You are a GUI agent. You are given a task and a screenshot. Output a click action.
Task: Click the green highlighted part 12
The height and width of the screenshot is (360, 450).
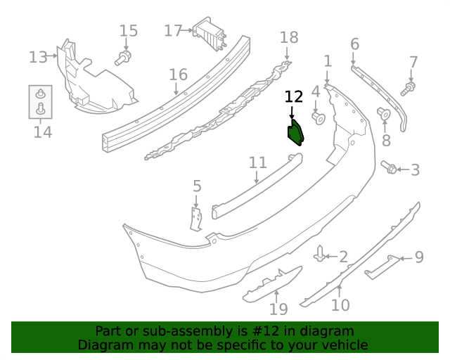(294, 132)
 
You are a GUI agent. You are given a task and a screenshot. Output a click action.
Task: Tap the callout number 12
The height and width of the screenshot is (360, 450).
(294, 97)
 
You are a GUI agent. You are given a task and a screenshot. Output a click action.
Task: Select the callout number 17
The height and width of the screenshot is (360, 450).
(172, 31)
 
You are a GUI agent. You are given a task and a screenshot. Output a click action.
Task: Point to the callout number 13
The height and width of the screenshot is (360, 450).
(37, 56)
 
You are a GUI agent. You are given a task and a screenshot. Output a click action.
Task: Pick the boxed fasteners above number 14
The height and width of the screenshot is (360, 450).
(40, 101)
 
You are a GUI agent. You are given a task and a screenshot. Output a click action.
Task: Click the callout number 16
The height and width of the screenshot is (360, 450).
(178, 74)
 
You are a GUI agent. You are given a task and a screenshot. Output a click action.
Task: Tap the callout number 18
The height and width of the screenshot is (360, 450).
(289, 37)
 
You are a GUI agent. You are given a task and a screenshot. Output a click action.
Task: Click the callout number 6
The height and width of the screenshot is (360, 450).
(354, 45)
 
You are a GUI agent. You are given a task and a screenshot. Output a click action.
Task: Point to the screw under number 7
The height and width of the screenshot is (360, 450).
(409, 88)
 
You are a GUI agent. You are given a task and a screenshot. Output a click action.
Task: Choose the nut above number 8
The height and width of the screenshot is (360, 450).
(385, 114)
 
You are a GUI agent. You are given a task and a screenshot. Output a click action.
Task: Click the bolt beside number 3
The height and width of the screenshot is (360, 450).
(389, 167)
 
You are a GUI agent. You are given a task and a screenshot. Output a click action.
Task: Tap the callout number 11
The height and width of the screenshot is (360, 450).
(258, 163)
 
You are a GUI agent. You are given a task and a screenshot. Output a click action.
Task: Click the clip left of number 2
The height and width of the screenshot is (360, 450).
(321, 253)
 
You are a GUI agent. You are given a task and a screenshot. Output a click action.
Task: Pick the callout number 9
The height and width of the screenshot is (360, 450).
(419, 257)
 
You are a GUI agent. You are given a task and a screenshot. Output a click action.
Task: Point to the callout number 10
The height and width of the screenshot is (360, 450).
(340, 305)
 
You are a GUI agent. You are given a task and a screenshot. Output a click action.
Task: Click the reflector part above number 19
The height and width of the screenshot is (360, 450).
(272, 283)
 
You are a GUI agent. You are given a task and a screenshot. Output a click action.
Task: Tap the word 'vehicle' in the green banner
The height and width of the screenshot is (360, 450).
(343, 345)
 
